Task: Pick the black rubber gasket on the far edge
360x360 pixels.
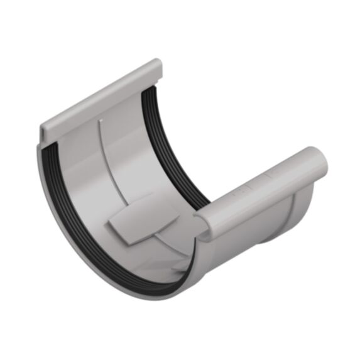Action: coord(182,151)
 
